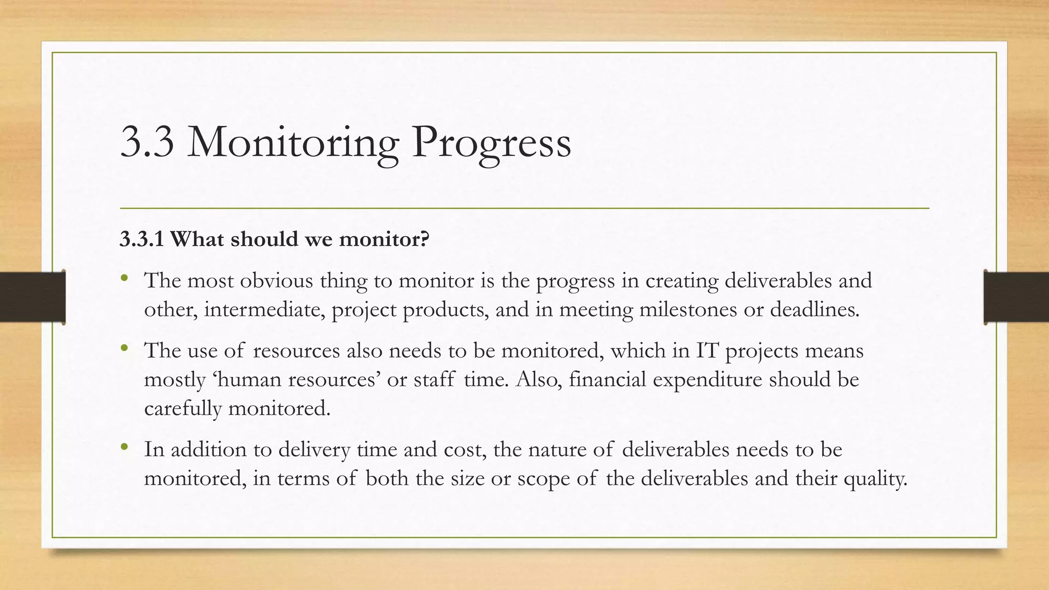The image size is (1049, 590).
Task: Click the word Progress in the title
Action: [x=491, y=143]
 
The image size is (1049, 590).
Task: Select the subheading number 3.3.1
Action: [x=141, y=239]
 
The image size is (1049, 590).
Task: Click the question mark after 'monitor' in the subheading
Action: [x=424, y=239]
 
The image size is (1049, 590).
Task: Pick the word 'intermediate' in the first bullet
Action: [x=264, y=310]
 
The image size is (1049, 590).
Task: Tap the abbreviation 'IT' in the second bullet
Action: [x=707, y=351]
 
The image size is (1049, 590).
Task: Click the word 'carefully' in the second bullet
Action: [x=182, y=409]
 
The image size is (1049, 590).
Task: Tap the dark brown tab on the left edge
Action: [x=32, y=297]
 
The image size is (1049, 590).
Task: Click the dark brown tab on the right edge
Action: [x=1016, y=297]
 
